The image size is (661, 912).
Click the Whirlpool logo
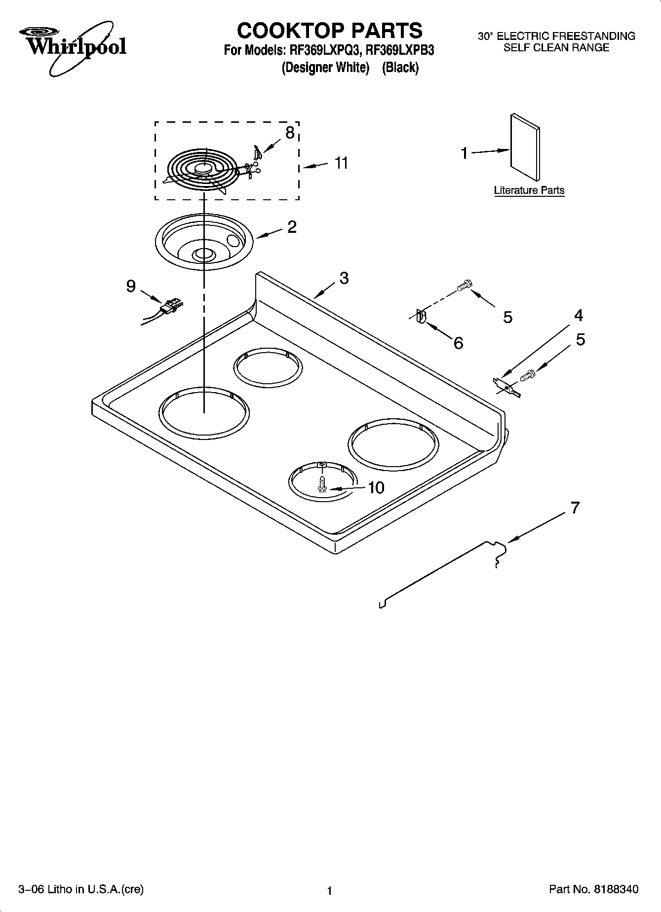pyautogui.click(x=73, y=47)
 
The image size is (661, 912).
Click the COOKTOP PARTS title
pyautogui.click(x=329, y=31)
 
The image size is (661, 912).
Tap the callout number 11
pyautogui.click(x=341, y=163)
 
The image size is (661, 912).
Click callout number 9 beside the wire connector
pyautogui.click(x=131, y=286)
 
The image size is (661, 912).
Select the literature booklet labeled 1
pyautogui.click(x=525, y=147)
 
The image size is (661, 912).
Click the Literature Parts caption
pyautogui.click(x=529, y=190)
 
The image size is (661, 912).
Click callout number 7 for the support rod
pyautogui.click(x=575, y=508)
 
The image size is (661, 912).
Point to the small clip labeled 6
pyautogui.click(x=421, y=316)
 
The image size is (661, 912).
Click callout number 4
pyautogui.click(x=579, y=315)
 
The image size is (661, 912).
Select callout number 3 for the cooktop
pyautogui.click(x=344, y=278)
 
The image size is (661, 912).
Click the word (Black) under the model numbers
pyautogui.click(x=400, y=68)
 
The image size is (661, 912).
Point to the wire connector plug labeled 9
pyautogui.click(x=170, y=306)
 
